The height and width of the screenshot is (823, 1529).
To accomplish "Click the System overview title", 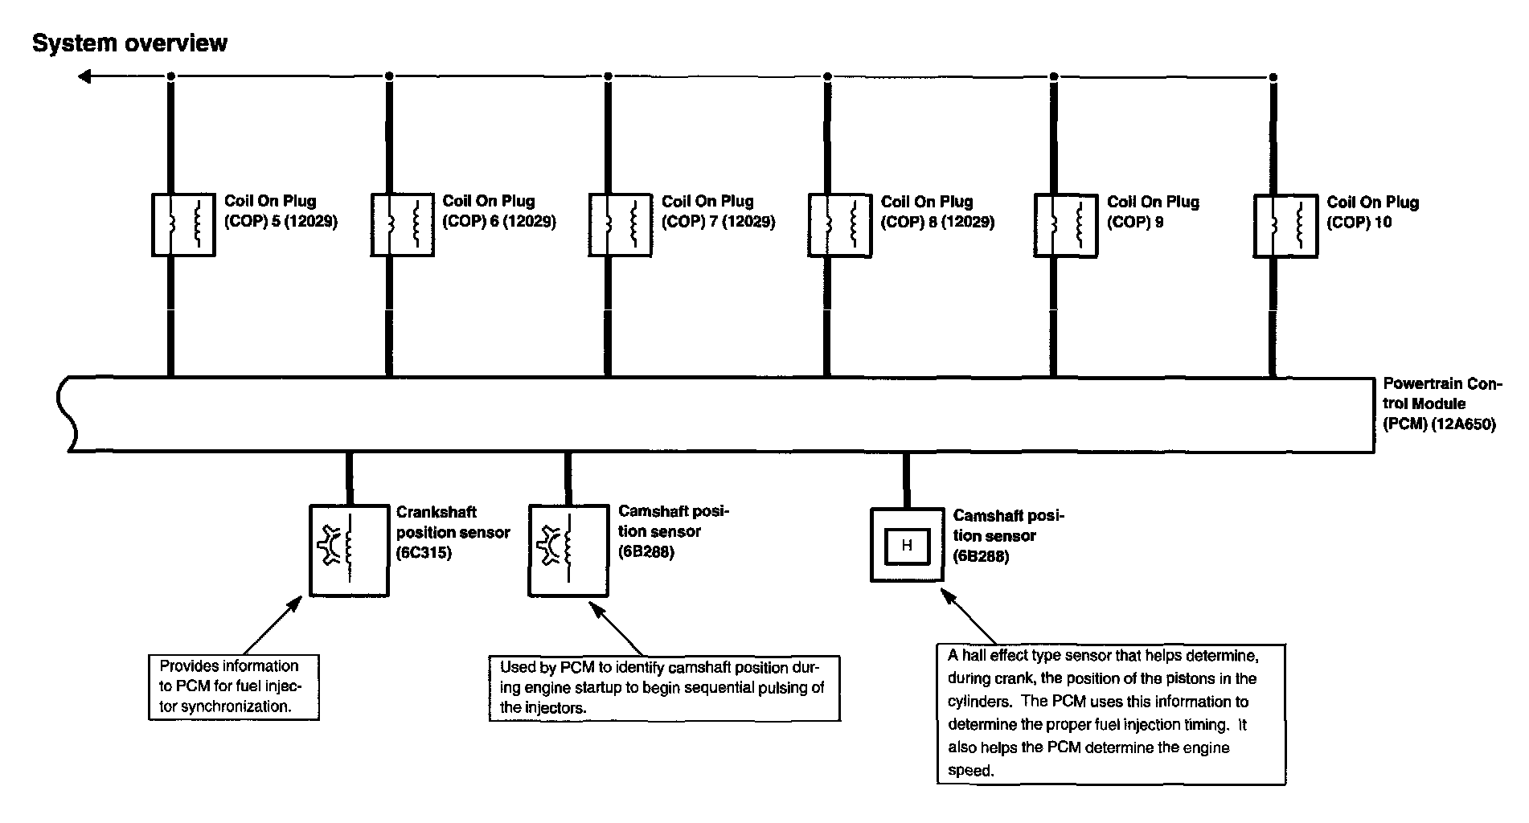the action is [129, 43].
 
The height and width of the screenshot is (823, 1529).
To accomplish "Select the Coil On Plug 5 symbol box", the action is [154, 224].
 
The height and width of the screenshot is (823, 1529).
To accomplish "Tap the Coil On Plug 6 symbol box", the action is [372, 224].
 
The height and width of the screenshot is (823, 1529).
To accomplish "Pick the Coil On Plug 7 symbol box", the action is [591, 224].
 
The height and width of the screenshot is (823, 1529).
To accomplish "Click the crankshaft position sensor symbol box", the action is [312, 551].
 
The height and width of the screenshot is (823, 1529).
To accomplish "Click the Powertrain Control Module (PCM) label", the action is [1441, 404].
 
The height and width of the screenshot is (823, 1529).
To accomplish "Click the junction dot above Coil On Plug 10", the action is [1273, 77].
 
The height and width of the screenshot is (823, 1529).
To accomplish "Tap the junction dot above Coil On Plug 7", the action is [608, 76].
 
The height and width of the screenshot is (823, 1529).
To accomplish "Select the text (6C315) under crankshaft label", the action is [424, 553].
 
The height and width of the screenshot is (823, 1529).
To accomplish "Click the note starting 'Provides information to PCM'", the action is [234, 686].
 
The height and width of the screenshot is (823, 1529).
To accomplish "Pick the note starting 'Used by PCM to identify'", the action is [665, 688].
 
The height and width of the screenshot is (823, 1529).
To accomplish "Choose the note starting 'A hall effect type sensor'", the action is [1111, 713].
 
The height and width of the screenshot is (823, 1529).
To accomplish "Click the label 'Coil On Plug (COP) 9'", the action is [1153, 212].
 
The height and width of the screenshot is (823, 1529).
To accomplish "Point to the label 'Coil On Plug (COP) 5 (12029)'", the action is [281, 211].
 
